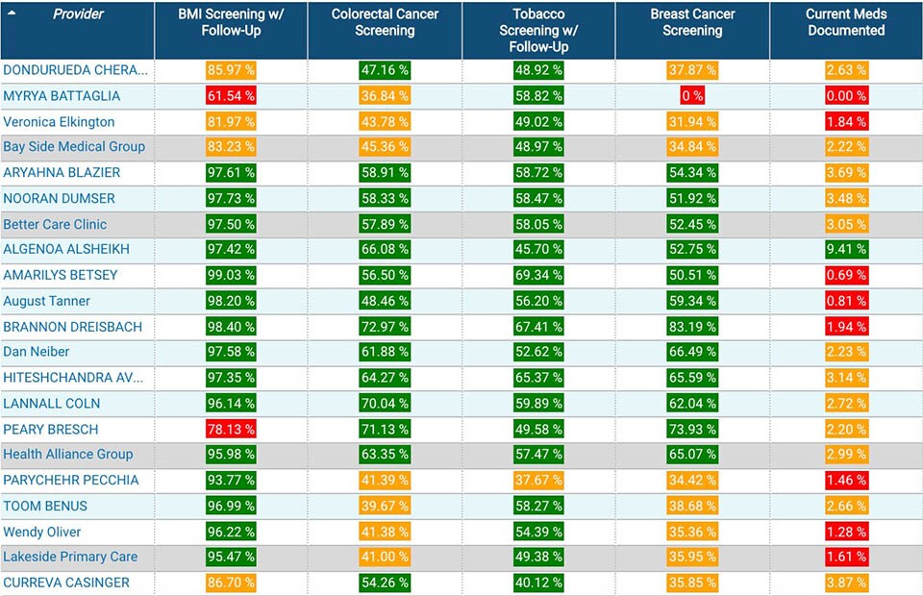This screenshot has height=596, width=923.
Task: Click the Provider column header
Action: [x=78, y=14]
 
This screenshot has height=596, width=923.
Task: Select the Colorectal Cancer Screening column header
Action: [x=385, y=22]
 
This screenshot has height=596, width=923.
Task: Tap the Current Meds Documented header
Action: [x=846, y=22]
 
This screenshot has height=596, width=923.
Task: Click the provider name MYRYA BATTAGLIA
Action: [x=62, y=96]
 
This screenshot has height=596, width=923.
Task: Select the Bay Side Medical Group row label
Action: [x=74, y=147]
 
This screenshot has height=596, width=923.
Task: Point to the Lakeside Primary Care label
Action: [x=70, y=558]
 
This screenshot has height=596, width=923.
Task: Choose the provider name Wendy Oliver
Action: [x=42, y=532]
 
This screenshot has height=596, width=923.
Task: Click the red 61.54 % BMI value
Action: [x=231, y=96]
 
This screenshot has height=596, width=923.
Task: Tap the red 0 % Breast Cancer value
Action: [x=692, y=96]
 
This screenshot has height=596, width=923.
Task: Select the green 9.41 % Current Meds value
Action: [x=846, y=250]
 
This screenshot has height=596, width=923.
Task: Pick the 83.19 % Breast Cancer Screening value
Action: [x=692, y=327]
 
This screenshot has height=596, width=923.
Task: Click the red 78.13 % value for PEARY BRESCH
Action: [x=231, y=430]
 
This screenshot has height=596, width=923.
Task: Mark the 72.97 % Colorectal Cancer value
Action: [x=385, y=327]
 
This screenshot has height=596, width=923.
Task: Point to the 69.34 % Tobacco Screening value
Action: [x=538, y=276]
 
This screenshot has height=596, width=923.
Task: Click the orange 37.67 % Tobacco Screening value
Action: [x=538, y=481]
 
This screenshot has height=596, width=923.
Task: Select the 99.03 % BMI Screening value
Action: [x=231, y=276]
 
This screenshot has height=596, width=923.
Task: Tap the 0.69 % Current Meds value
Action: [x=846, y=276]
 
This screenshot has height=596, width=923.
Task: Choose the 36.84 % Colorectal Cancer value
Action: [x=385, y=96]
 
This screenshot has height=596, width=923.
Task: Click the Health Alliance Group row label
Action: [x=68, y=455]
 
